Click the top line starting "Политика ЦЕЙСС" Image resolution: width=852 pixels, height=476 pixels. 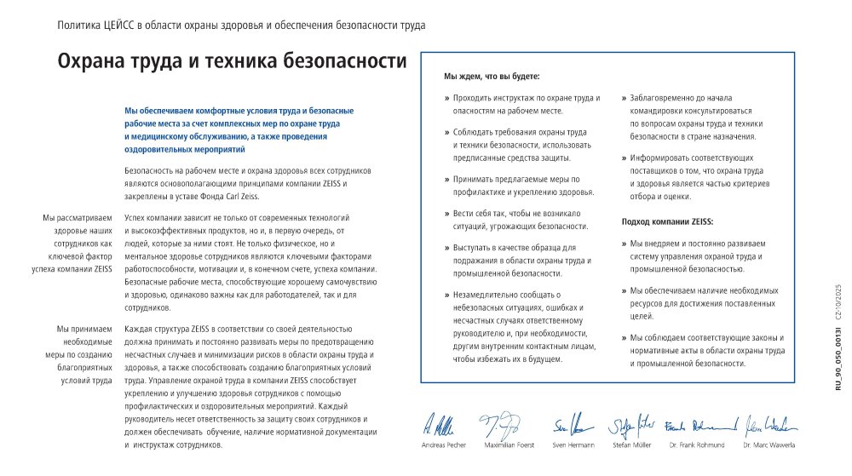click(x=241, y=25)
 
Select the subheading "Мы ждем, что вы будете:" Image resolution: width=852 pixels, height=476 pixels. click(x=492, y=77)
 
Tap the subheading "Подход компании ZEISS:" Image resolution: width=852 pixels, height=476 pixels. click(x=667, y=221)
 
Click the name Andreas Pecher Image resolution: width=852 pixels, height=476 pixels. click(x=443, y=445)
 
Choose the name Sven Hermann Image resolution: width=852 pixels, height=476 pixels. click(x=571, y=445)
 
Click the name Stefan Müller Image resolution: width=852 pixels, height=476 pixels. click(x=631, y=445)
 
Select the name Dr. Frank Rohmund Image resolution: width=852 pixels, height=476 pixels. click(x=697, y=445)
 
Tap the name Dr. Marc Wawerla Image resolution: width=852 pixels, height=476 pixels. click(x=769, y=445)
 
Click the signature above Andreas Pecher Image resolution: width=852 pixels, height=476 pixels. click(x=441, y=423)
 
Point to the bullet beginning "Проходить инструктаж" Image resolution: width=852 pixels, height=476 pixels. click(x=527, y=105)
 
